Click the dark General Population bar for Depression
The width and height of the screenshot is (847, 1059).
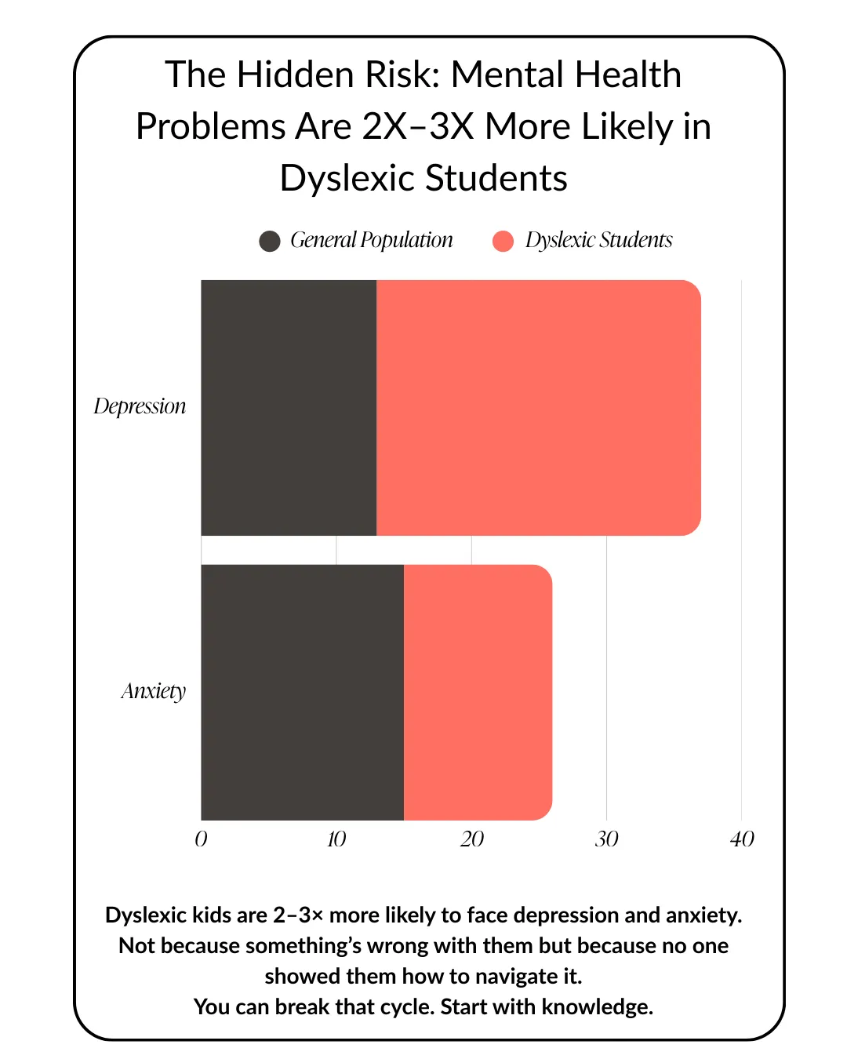pyautogui.click(x=289, y=408)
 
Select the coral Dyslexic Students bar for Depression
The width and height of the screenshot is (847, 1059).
pyautogui.click(x=539, y=408)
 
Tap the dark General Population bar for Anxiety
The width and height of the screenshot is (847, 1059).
pyautogui.click(x=302, y=692)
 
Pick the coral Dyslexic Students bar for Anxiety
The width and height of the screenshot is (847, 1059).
pyautogui.click(x=478, y=692)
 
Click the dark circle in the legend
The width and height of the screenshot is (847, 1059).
pyautogui.click(x=270, y=241)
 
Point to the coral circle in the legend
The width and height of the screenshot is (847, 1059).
pyautogui.click(x=503, y=241)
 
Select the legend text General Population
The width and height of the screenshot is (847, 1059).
pyautogui.click(x=372, y=240)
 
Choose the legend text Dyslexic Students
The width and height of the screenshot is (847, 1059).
pyautogui.click(x=599, y=240)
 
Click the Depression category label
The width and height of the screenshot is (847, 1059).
pyautogui.click(x=140, y=406)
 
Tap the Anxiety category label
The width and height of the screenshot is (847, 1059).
pyautogui.click(x=154, y=691)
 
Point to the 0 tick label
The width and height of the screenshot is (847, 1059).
pyautogui.click(x=201, y=839)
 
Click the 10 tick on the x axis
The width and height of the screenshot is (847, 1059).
pyautogui.click(x=336, y=839)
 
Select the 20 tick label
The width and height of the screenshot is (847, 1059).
pyautogui.click(x=471, y=839)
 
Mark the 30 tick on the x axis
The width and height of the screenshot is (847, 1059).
pyautogui.click(x=606, y=839)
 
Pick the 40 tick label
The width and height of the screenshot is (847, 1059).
pyautogui.click(x=742, y=839)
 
